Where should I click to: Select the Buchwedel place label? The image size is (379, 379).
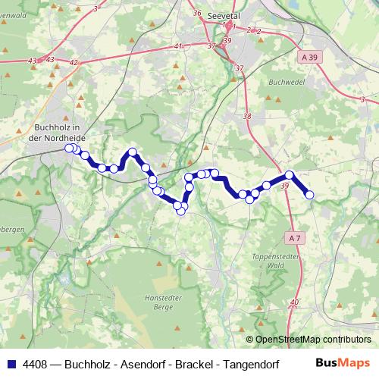(x=286, y=79)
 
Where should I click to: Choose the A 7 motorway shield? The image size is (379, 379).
(x=295, y=237)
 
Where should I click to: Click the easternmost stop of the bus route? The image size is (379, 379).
(x=309, y=195)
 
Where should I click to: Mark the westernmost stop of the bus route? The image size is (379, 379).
(x=69, y=149)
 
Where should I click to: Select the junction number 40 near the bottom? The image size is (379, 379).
(x=295, y=302)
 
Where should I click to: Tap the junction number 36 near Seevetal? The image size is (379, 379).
(x=197, y=13)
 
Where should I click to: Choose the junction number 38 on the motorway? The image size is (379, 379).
(x=247, y=116)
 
